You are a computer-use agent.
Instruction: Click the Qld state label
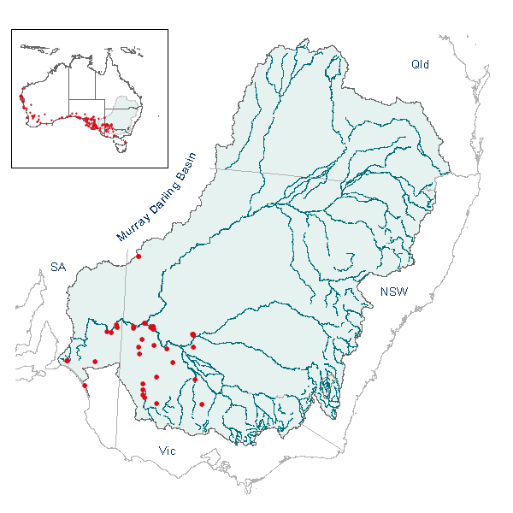pos(420,65)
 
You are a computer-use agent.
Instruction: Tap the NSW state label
pos(394,292)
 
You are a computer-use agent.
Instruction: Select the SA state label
pos(57,268)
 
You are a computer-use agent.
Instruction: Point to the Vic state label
pos(167,450)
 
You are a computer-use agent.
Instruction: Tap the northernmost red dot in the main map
pos(139,256)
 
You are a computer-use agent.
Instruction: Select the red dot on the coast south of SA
pos(85,386)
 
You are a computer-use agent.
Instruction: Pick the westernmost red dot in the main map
pos(67,360)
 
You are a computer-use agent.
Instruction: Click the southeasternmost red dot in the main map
pos(202,404)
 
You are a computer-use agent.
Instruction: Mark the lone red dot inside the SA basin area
pos(95,362)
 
